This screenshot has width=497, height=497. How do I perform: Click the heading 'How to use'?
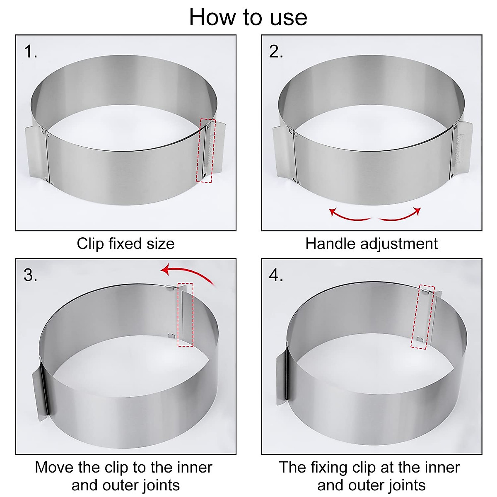(248, 17)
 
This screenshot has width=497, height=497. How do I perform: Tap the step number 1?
(30, 52)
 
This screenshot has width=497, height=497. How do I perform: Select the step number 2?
(276, 52)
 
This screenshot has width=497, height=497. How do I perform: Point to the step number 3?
(30, 275)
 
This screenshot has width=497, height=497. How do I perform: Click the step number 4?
(276, 275)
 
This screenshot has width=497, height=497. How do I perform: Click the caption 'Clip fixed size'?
(125, 244)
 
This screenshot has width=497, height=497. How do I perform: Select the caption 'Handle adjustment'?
(371, 244)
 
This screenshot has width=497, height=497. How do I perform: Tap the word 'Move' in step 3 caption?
(54, 467)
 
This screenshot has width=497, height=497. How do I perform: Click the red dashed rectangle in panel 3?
(186, 315)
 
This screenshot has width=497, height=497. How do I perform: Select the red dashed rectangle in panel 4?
(423, 317)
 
